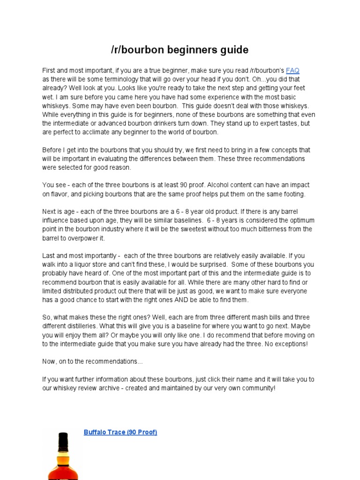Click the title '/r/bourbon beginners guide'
tap(180, 50)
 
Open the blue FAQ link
tap(292, 70)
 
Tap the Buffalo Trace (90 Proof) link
tap(120, 432)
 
